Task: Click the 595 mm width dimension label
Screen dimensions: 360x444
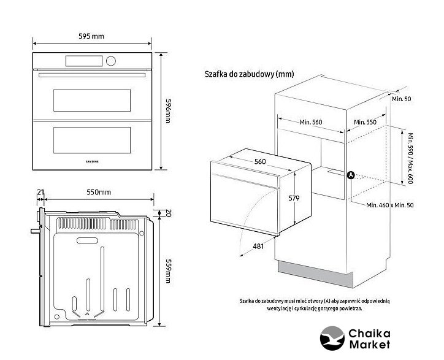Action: (92, 36)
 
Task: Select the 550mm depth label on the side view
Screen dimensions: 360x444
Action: (98, 193)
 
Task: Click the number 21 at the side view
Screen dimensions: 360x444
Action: (40, 193)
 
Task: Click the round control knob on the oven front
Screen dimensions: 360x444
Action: (111, 61)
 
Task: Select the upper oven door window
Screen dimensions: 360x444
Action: (92, 97)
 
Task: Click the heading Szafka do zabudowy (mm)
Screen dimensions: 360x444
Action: (249, 74)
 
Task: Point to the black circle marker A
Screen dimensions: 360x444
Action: (351, 175)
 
